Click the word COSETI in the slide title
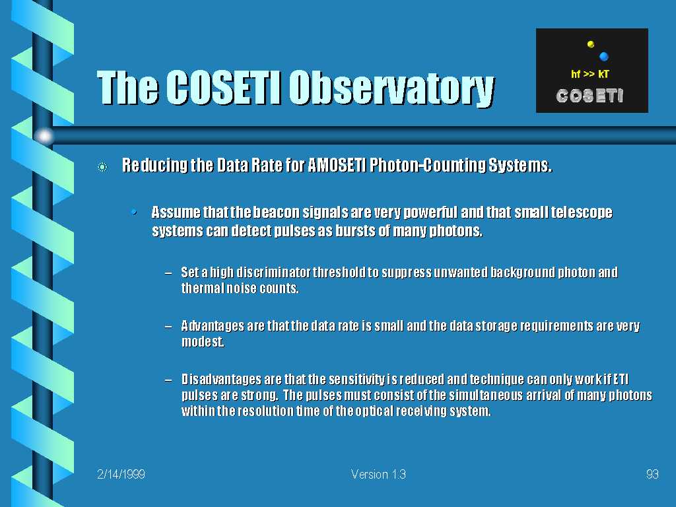223,88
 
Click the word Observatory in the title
391,88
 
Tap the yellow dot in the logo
591,44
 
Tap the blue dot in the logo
603,57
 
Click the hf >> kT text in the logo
590,74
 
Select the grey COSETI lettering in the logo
590,96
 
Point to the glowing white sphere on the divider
44,136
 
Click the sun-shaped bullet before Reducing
102,167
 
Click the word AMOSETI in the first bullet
337,165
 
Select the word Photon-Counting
427,165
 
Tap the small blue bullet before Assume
135,212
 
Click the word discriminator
273,273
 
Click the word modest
203,342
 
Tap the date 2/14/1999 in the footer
121,475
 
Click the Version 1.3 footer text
378,475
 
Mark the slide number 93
652,475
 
